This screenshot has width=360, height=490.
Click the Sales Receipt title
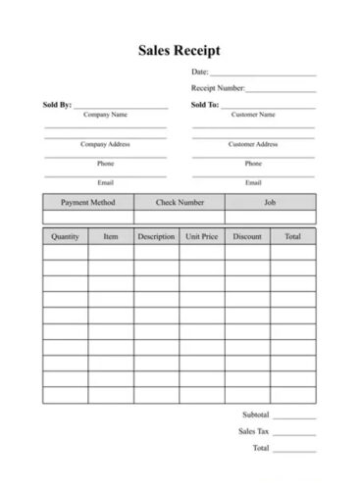180,49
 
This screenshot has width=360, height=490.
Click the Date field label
199,73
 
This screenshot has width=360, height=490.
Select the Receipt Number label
217,88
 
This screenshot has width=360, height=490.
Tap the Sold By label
57,104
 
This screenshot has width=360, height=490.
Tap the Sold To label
204,104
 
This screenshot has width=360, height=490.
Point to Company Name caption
105,115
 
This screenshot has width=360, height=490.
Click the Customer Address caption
253,144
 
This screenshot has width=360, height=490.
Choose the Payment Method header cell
87,202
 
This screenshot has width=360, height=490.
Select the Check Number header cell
180,202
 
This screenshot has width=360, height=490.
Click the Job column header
270,202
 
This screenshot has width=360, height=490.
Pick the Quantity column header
65,236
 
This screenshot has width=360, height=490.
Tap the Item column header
110,236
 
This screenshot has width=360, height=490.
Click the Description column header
156,236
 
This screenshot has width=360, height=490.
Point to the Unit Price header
201,236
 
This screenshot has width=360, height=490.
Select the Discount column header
247,236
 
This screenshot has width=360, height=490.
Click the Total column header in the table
292,236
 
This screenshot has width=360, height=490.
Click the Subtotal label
255,415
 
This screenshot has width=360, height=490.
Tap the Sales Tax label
253,431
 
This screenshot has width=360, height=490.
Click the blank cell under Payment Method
87,217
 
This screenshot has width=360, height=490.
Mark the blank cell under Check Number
180,217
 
